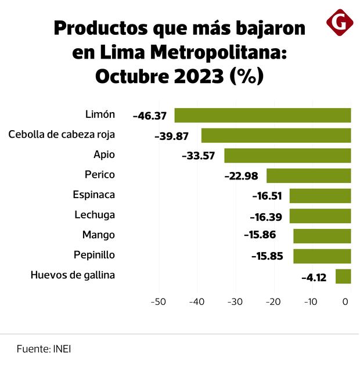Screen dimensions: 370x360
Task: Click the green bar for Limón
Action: tap(262, 115)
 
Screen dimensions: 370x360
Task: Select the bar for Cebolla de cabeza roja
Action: tap(276, 135)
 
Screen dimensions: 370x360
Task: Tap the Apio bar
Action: tap(287, 156)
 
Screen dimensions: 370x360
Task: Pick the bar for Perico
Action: tap(308, 175)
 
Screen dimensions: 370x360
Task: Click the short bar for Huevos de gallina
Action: tap(343, 276)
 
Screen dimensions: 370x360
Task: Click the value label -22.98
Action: tap(242, 176)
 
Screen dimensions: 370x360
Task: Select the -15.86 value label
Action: tap(260, 236)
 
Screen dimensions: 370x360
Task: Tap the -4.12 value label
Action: tap(314, 277)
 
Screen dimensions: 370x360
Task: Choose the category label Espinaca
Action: tap(94, 195)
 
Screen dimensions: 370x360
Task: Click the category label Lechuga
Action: tap(95, 215)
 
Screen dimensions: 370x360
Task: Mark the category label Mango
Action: tap(98, 235)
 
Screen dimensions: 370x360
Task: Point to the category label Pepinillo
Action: tap(94, 255)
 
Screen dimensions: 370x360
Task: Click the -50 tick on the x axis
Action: tap(158, 302)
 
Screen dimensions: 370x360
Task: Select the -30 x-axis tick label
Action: tap(234, 302)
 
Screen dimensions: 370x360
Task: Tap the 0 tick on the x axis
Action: tap(345, 302)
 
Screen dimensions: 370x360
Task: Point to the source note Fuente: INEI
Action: tap(44, 350)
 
